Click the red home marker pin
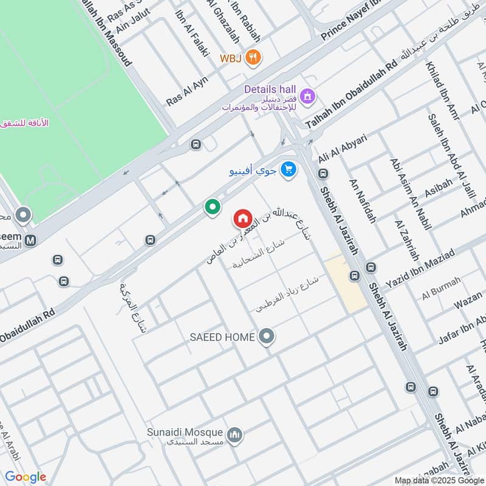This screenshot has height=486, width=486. (242, 219)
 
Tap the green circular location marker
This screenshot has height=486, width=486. (212, 208)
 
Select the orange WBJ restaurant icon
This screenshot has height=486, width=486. (255, 58)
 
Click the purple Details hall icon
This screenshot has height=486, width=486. (309, 95)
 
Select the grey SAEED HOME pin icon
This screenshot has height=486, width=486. (265, 336)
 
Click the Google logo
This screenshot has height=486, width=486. (26, 477)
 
